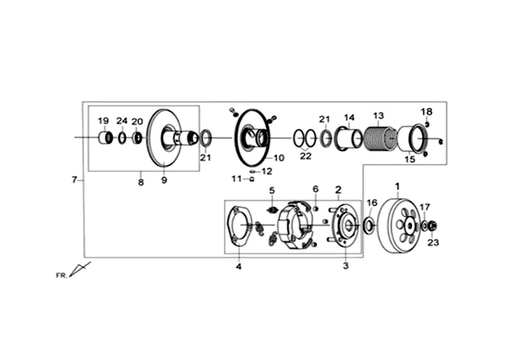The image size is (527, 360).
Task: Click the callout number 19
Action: tap(103, 121)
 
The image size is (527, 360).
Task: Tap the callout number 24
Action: tap(122, 121)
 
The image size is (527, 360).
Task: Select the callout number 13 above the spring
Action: tap(378, 116)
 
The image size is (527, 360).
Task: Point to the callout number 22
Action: tap(306, 156)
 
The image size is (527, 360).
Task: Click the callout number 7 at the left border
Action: tap(74, 179)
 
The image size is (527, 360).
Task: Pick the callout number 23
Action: tap(433, 242)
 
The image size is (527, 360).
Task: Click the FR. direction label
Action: tap(61, 276)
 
